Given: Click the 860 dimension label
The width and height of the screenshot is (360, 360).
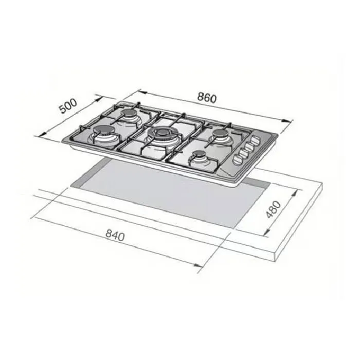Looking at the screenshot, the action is point(207,98).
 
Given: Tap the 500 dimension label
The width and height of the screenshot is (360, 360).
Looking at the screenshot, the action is point(68,106).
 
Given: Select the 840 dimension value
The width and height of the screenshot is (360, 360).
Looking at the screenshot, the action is point(115,235).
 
